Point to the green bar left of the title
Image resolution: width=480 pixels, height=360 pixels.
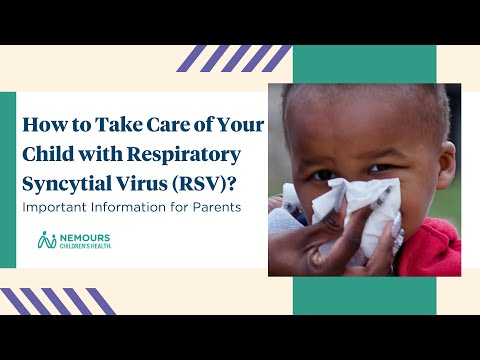(8, 180)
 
